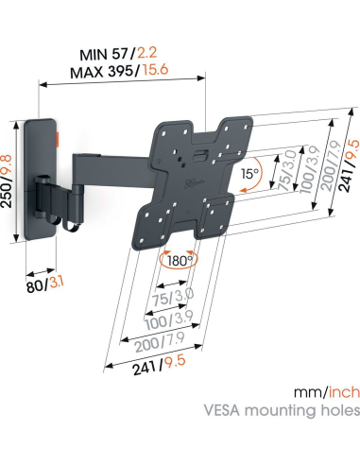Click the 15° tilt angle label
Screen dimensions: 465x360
click(249, 174)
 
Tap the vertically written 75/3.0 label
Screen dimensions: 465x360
click(280, 173)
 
